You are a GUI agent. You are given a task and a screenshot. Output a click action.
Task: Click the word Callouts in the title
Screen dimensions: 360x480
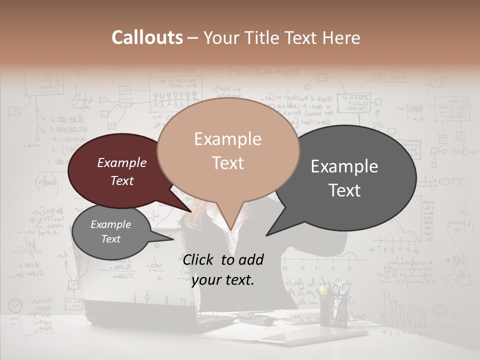(147, 37)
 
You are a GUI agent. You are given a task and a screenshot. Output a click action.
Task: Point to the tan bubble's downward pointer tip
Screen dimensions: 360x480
(231, 229)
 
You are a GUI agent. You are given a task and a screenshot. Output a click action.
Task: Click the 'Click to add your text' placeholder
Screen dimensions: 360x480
(223, 269)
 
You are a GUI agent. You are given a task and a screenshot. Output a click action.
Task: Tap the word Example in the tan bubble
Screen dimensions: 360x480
(227, 139)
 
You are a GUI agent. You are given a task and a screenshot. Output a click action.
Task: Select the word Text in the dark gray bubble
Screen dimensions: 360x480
(345, 190)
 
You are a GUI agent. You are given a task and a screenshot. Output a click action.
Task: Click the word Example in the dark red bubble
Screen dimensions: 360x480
(121, 162)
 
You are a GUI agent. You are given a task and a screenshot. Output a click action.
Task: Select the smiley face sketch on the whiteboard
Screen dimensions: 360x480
(440, 310)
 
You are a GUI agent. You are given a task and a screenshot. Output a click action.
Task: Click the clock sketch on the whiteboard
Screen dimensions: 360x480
(15, 305)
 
